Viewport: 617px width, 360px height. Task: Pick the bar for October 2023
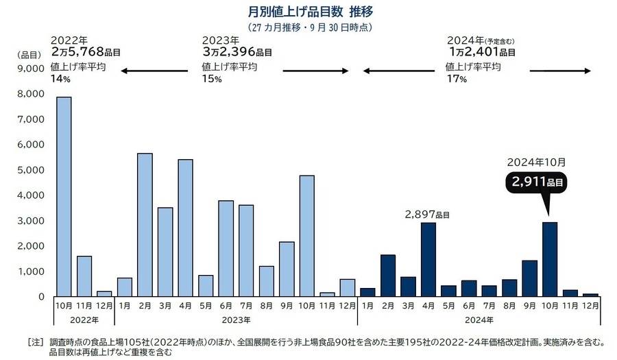(307, 236)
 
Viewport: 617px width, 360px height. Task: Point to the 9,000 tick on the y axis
(32, 69)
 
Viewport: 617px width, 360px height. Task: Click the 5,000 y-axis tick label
(32, 170)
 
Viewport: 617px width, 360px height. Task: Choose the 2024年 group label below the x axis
(479, 320)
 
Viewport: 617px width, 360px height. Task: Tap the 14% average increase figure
(61, 79)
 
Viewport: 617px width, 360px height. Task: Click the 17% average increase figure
(456, 79)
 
